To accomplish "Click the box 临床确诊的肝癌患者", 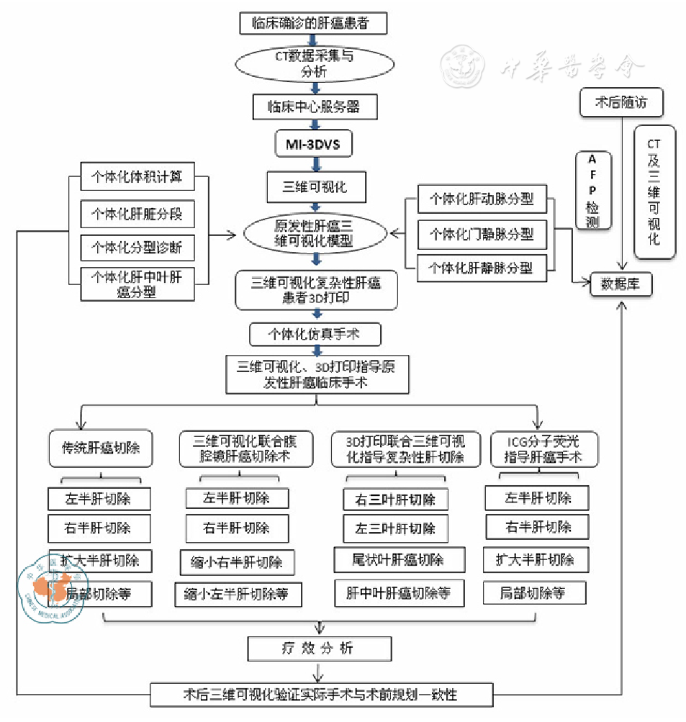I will point(314,22).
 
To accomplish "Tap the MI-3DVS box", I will point(314,144).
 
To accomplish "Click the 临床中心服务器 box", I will point(314,107).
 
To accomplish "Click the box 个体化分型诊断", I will point(137,248).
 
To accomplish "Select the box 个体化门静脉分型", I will point(482,235).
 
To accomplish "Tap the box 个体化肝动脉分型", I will point(482,199).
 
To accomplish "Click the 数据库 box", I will point(620,284).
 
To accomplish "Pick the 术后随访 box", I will point(620,103).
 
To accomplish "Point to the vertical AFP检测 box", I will point(592,191).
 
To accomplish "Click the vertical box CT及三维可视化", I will point(654,191).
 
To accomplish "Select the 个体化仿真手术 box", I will point(314,335).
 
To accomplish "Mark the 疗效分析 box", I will point(319,649).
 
